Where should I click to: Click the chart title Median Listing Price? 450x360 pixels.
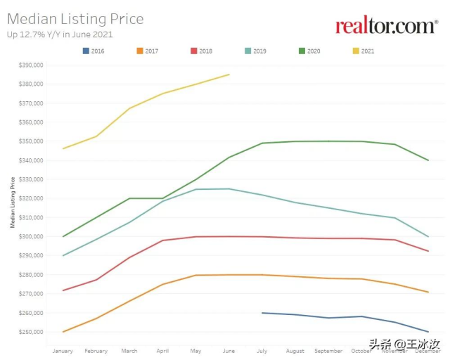click(75, 19)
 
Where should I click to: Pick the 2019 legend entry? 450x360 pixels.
click(255, 51)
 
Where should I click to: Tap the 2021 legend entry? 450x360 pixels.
click(363, 51)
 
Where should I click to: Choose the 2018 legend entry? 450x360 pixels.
click(201, 51)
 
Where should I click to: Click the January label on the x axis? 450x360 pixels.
click(63, 351)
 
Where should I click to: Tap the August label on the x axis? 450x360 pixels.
click(295, 351)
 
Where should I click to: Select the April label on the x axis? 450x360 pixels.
click(162, 351)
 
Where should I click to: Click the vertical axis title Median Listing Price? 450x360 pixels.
click(13, 202)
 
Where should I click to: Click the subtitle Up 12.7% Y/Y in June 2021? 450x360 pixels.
click(60, 34)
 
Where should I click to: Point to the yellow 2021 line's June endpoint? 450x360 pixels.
click(229, 75)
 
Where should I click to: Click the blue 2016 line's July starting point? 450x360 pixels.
click(262, 313)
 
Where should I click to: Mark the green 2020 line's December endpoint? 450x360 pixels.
click(428, 160)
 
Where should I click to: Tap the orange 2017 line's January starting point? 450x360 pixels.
click(63, 332)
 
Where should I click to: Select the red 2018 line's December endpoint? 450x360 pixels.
click(428, 251)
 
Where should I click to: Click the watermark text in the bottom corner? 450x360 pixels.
click(404, 345)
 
